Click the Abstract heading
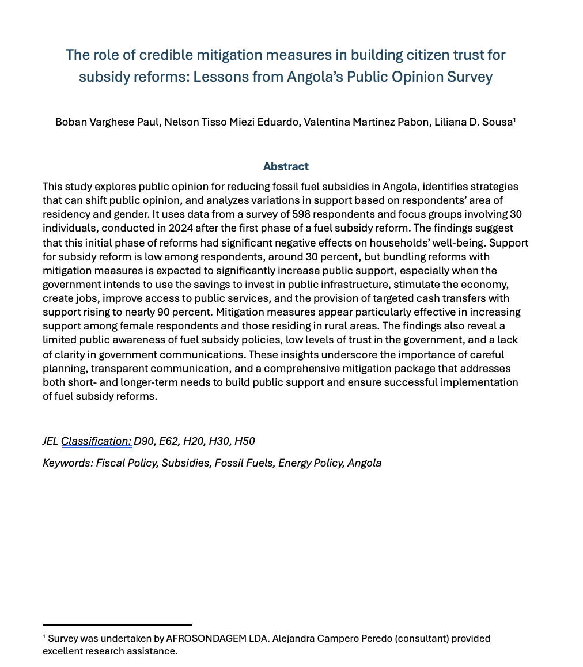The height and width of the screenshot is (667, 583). [x=286, y=166]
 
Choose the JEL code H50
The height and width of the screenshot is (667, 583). [x=244, y=441]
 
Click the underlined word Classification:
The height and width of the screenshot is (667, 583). [x=96, y=441]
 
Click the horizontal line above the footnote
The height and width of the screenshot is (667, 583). [x=118, y=624]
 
